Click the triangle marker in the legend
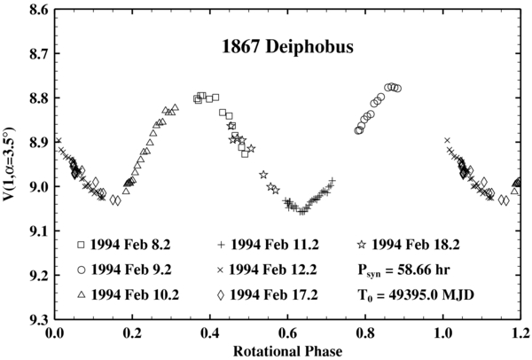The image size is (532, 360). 82,293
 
